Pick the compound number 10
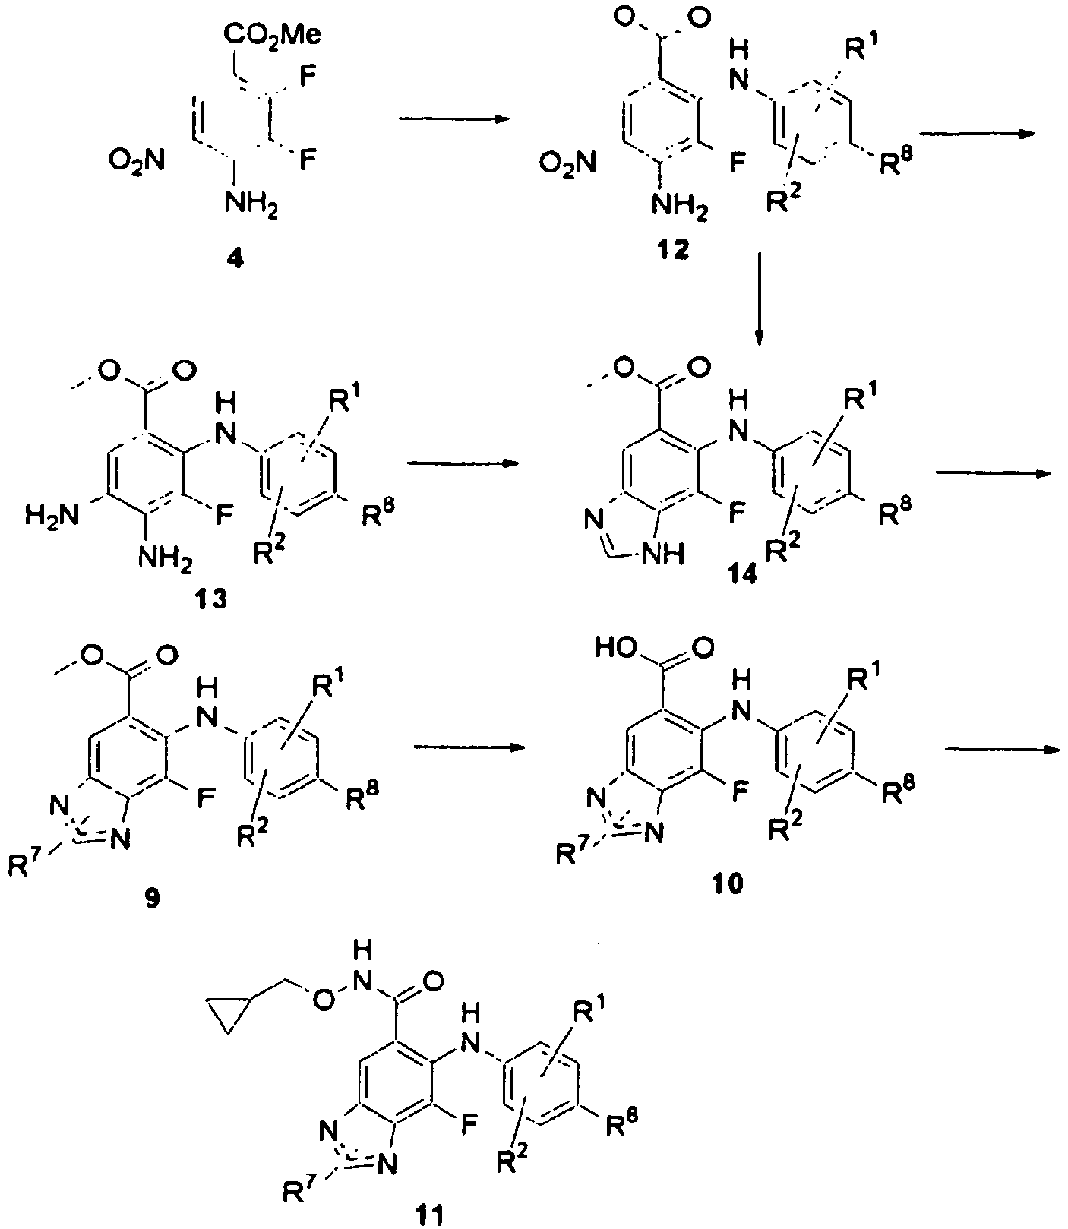coord(728,883)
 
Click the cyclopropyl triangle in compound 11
coord(227,1019)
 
